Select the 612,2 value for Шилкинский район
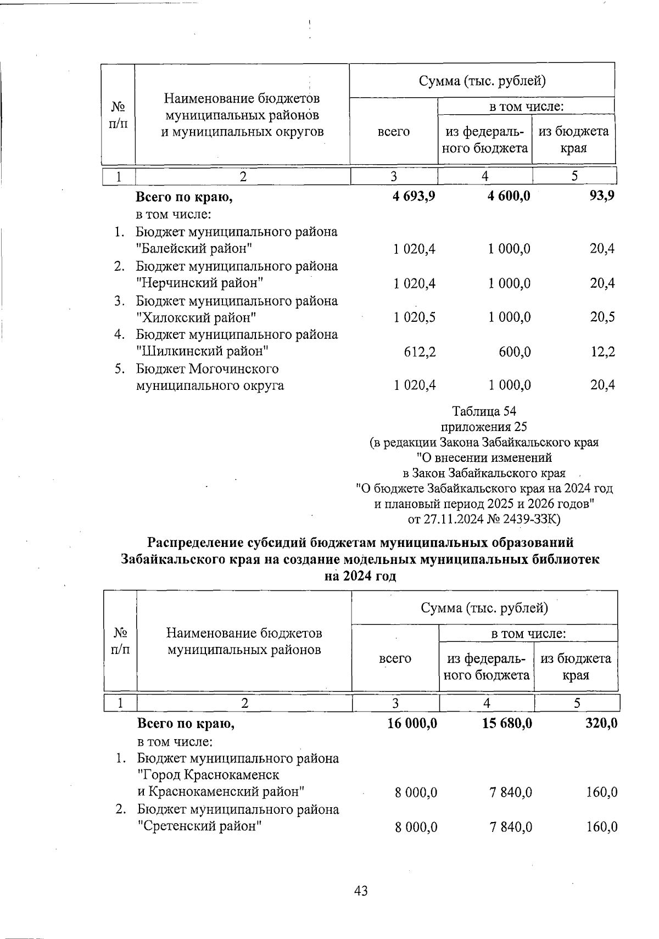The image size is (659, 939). tap(421, 352)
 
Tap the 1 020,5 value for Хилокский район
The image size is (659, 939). tap(414, 318)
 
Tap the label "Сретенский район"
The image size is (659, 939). tap(198, 826)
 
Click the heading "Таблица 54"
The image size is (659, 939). tap(484, 411)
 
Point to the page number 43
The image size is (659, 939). tap(361, 891)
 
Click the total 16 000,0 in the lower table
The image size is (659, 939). tap(412, 724)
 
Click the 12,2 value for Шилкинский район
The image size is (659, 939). tap(602, 352)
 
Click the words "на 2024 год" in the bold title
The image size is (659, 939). tap(360, 577)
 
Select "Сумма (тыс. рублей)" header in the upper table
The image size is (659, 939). tap(482, 81)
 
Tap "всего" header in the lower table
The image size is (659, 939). tap(395, 658)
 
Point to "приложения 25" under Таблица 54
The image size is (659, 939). tap(484, 427)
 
